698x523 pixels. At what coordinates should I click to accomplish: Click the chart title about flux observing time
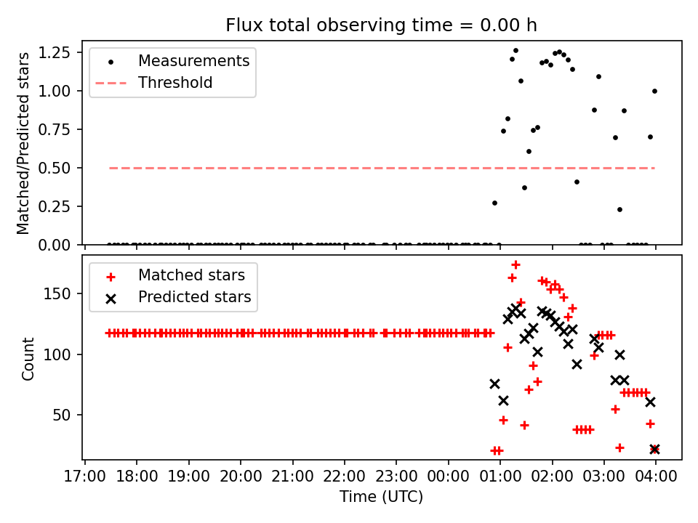pyautogui.click(x=381, y=25)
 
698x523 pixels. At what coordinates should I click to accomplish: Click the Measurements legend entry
pyautogui.click(x=193, y=60)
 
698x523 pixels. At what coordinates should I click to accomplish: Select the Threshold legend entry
pyautogui.click(x=175, y=83)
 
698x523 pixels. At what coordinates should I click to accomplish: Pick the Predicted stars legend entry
pyautogui.click(x=195, y=297)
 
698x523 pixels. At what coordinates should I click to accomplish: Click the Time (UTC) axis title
pyautogui.click(x=381, y=498)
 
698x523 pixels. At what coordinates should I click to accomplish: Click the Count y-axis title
pyautogui.click(x=28, y=358)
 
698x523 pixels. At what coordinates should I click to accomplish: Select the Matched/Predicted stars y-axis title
pyautogui.click(x=23, y=143)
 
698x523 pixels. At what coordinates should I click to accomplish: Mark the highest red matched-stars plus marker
pyautogui.click(x=516, y=264)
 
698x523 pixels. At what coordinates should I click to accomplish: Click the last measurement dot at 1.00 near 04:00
pyautogui.click(x=654, y=91)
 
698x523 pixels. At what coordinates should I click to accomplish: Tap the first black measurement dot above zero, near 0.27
pyautogui.click(x=494, y=203)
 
